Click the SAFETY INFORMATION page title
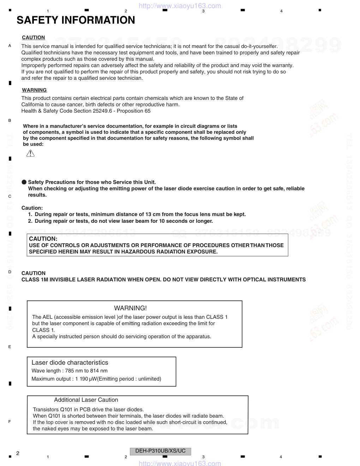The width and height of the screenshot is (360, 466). click(76, 20)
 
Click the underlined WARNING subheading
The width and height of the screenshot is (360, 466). click(34, 90)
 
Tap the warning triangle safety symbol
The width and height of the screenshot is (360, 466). click(31, 153)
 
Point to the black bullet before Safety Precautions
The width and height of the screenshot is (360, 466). click(24, 182)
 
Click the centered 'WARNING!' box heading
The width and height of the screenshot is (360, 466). click(130, 308)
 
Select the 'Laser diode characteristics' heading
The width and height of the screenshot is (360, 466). click(70, 363)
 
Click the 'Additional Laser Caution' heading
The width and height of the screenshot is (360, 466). click(86, 400)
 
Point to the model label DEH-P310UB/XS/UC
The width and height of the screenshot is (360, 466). click(160, 451)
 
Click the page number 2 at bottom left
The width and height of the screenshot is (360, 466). click(18, 453)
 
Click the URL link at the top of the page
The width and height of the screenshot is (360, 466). click(180, 6)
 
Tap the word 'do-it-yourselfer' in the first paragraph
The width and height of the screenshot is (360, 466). click(259, 46)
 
